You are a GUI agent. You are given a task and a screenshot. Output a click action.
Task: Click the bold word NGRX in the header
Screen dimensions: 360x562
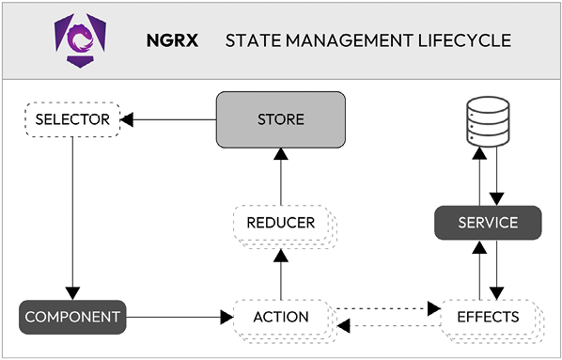click(171, 40)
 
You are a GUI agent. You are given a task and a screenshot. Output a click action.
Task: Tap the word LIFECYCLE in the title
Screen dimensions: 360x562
click(467, 40)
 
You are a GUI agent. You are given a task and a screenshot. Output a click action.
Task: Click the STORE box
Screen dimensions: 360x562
click(281, 119)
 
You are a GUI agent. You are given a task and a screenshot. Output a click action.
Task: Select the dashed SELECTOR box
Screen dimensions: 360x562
click(72, 119)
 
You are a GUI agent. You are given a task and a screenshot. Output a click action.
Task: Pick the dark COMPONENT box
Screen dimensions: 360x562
click(72, 317)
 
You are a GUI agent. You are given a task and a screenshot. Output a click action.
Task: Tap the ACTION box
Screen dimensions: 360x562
click(282, 317)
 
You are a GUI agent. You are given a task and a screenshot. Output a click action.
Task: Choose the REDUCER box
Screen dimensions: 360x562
click(280, 224)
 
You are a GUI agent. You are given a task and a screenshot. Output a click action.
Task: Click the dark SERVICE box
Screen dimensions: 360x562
click(488, 223)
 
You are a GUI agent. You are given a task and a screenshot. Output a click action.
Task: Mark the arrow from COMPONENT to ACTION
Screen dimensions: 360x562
click(179, 317)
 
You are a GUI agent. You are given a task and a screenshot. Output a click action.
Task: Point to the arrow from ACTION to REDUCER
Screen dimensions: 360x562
click(281, 273)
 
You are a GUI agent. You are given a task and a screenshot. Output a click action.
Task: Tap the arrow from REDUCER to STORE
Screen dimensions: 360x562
click(281, 174)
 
